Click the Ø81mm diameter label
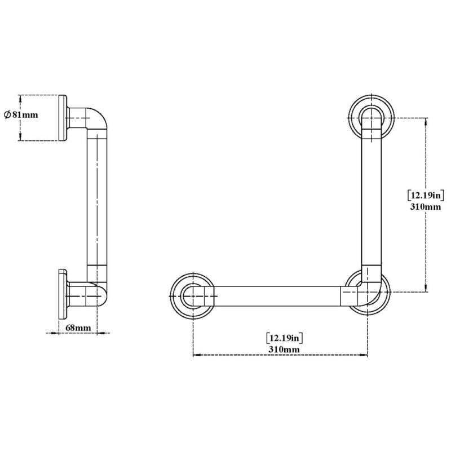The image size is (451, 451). coord(21,114)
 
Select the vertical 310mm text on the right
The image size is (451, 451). coord(426,207)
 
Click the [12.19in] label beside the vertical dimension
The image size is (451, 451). coord(426,196)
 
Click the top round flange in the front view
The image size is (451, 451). coord(371,117)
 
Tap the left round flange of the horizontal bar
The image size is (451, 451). coord(193,295)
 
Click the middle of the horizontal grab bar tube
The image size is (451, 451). coord(276,295)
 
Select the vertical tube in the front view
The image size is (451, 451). coord(372,197)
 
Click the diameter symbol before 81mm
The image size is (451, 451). coord(7,114)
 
